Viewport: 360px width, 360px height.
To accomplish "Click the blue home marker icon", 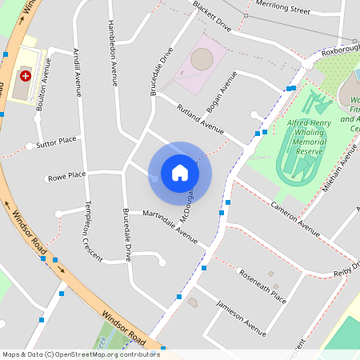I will tap(180, 173).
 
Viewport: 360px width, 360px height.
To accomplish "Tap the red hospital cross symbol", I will tap(26, 76).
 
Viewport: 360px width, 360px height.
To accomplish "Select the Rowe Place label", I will tap(66, 176).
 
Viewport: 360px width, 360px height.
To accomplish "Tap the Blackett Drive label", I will tap(212, 16).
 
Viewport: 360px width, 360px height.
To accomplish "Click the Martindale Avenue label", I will tap(170, 226).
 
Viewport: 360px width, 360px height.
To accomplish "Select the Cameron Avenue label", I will tap(294, 218).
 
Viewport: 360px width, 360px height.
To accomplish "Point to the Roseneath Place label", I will tap(262, 285).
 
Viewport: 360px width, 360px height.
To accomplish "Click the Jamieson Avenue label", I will tap(242, 317).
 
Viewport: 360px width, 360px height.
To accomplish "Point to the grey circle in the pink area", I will tap(202, 58).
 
